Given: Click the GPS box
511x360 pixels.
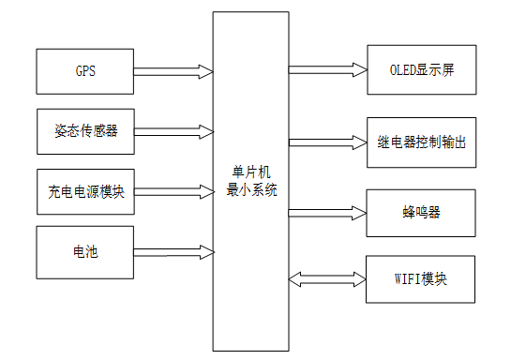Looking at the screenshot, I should [x=85, y=70].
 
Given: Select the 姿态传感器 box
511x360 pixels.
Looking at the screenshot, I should [x=85, y=130].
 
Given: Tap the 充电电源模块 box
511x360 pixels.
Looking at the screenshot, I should [x=85, y=191].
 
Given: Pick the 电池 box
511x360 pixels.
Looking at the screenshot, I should [x=85, y=250].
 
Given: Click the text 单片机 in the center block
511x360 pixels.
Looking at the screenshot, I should [x=250, y=172].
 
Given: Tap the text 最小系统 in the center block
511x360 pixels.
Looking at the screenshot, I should [x=250, y=189].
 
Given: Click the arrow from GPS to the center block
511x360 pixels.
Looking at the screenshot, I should [x=174, y=70].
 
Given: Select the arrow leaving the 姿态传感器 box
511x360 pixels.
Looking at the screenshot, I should [x=174, y=130].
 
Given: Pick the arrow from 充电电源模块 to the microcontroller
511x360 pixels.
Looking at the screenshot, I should [x=174, y=191].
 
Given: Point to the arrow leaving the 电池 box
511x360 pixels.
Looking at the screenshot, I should [x=174, y=250].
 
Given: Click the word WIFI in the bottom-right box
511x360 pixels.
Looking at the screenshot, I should [x=405, y=278].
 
